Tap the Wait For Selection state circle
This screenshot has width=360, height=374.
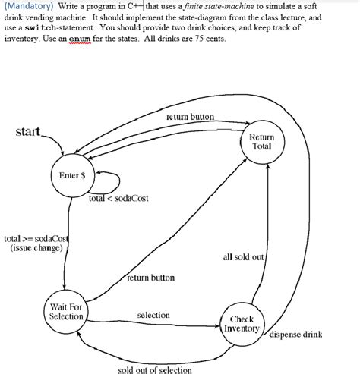pyautogui.click(x=65, y=311)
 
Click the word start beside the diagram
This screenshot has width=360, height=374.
pyautogui.click(x=28, y=133)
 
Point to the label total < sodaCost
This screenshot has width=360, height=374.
pyautogui.click(x=118, y=198)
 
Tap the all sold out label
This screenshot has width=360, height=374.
pyautogui.click(x=243, y=257)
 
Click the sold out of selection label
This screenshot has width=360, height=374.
pyautogui.click(x=155, y=369)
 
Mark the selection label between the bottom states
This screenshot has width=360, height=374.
pyautogui.click(x=153, y=315)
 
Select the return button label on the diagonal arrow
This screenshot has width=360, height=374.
pyautogui.click(x=150, y=278)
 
